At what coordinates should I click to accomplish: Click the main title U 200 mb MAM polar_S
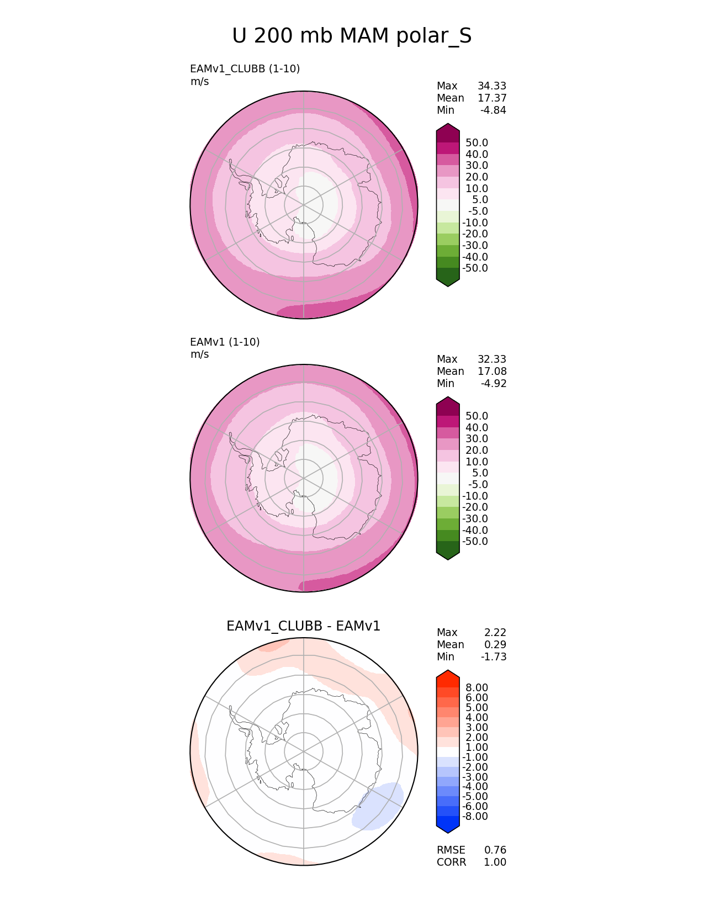pyautogui.click(x=352, y=36)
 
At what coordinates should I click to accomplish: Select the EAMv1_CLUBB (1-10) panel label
pyautogui.click(x=245, y=69)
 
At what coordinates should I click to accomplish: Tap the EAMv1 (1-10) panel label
pyautogui.click(x=225, y=342)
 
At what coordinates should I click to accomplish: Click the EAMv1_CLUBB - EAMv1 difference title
pyautogui.click(x=303, y=626)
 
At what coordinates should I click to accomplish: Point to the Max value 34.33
pyautogui.click(x=492, y=86)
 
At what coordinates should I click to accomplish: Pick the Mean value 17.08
pyautogui.click(x=492, y=372)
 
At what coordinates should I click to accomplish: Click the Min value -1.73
pyautogui.click(x=494, y=657)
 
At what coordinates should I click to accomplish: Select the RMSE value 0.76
pyautogui.click(x=495, y=850)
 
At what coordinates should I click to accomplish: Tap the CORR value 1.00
pyautogui.click(x=495, y=862)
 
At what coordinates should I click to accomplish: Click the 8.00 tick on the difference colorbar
pyautogui.click(x=477, y=687)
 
